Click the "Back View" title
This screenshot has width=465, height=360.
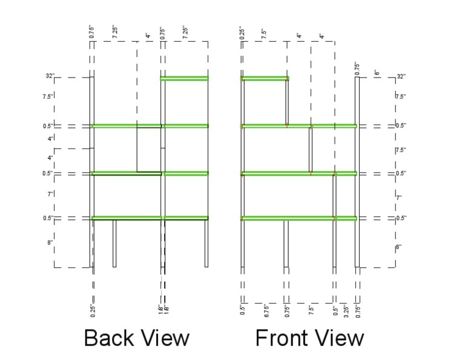click(x=136, y=338)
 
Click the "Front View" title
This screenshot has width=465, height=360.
click(x=309, y=338)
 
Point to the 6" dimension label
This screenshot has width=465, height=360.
click(x=377, y=73)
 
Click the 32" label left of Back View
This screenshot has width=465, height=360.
click(x=50, y=76)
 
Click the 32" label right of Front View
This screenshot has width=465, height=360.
click(x=400, y=76)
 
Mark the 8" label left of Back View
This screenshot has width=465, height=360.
click(x=51, y=242)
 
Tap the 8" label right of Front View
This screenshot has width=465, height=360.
click(x=398, y=247)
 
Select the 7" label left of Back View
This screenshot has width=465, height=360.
click(x=51, y=195)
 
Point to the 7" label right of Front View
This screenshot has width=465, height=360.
click(x=398, y=197)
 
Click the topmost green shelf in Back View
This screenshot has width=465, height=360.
click(x=185, y=78)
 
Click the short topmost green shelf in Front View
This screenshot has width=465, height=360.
click(x=265, y=78)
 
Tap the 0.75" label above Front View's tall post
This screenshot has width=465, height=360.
click(x=357, y=68)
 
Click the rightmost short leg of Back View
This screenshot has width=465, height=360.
click(x=206, y=242)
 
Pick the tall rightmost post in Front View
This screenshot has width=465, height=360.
click(x=357, y=182)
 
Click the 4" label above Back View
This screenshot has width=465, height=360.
click(x=148, y=36)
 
